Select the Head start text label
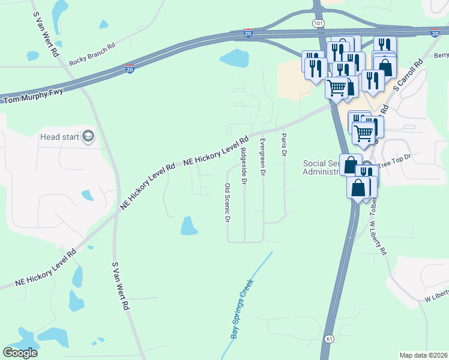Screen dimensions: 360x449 (x=59, y=137)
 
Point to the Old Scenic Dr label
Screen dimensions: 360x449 (x=228, y=203)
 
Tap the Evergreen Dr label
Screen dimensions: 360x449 (x=262, y=157)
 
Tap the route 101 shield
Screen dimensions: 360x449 (x=318, y=23)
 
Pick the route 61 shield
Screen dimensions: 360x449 (x=328, y=339)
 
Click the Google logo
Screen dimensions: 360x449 (x=20, y=352)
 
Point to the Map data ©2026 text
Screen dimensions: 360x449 (x=423, y=355)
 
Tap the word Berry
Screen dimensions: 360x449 (x=441, y=55)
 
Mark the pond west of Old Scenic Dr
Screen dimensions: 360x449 (x=189, y=226)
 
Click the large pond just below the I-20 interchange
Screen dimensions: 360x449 (x=234, y=58)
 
